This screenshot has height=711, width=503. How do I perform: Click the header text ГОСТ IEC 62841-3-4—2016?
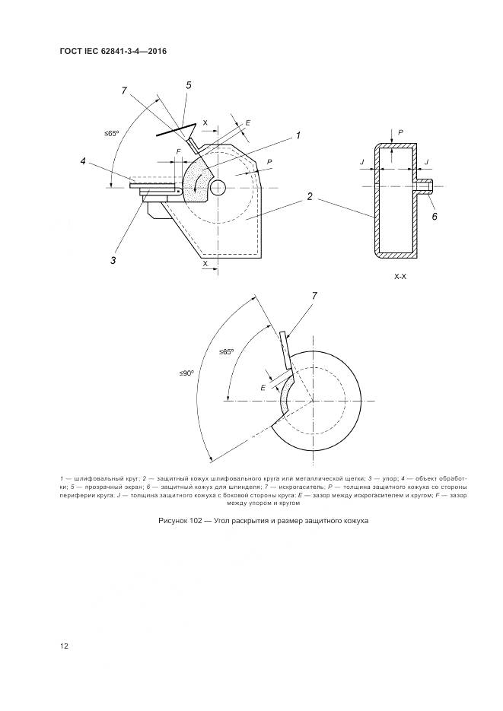[113, 51]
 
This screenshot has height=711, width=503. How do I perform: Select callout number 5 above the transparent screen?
[189, 85]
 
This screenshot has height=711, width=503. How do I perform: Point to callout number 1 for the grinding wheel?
[298, 135]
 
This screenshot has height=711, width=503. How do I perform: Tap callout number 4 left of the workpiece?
[83, 160]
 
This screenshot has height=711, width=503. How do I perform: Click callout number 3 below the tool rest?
[113, 260]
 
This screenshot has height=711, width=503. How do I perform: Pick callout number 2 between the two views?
[309, 196]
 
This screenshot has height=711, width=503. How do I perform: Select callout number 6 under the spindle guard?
[435, 217]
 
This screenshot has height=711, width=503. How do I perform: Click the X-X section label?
[400, 276]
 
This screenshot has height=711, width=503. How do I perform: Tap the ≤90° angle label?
[186, 373]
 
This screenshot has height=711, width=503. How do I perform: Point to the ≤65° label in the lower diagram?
[226, 351]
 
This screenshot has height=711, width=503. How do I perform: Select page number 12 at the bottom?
[63, 646]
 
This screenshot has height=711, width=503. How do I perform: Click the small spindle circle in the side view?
[218, 187]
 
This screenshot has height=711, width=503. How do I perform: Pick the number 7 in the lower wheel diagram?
[314, 296]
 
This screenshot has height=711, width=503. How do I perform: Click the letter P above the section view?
[400, 132]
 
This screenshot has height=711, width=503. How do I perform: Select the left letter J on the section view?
[361, 161]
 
